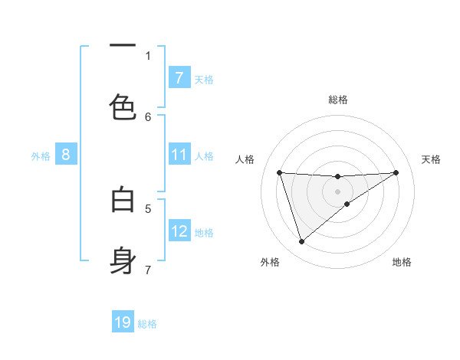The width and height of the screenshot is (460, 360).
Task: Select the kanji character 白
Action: coord(123,200)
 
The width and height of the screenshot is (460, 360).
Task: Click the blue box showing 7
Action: coord(179,78)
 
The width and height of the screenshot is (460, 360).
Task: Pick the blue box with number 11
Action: coord(179,155)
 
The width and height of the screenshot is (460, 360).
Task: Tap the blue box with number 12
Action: coord(179,231)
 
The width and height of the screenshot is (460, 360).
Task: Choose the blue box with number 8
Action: coord(66,155)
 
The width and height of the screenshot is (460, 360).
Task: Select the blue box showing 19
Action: coord(123,322)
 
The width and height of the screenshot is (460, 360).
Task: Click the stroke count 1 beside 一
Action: coord(148,55)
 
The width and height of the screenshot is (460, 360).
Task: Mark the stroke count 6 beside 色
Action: coord(148,116)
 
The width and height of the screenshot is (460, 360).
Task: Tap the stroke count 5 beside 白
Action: coord(148,208)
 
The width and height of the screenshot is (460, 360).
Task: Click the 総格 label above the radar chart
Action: coord(337,100)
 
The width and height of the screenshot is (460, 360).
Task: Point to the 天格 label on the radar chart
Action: coord(432,159)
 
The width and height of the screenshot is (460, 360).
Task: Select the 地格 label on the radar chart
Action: coord(402,262)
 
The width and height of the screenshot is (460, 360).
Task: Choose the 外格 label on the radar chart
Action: coord(270,262)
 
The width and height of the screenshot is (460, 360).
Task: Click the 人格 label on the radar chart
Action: coord(245,159)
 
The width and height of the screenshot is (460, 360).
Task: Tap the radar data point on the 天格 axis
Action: coord(396,172)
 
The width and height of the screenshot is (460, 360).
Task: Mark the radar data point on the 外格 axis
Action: coord(301,242)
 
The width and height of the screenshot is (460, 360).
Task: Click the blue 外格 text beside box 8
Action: coord(41,156)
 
